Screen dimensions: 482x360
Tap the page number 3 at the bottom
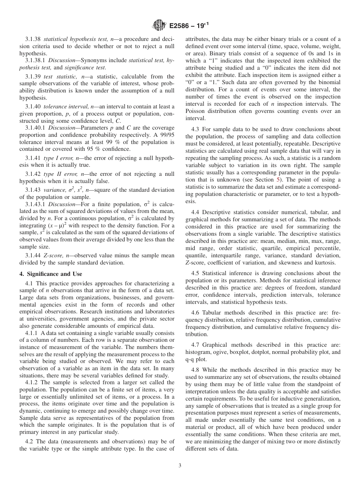180,466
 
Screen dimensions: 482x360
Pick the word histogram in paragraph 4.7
198,352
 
